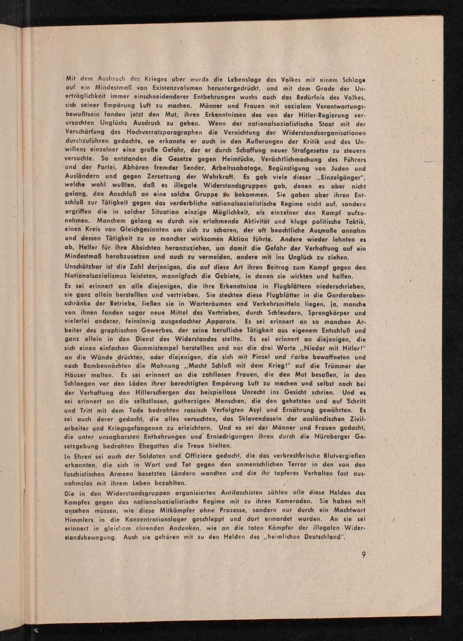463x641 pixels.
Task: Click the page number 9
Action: pos(364,555)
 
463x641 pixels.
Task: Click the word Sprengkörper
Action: pos(310,313)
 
